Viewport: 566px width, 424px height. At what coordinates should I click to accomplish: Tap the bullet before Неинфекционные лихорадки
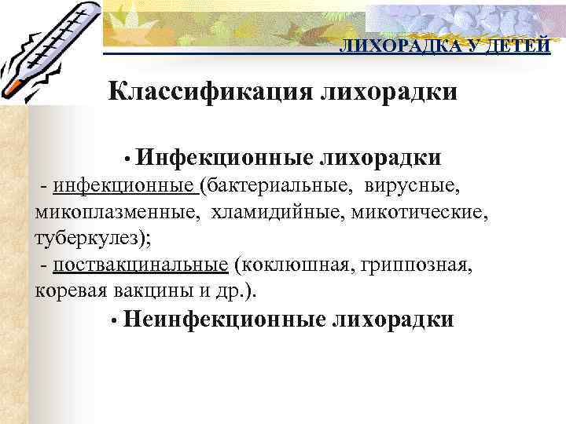115,320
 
